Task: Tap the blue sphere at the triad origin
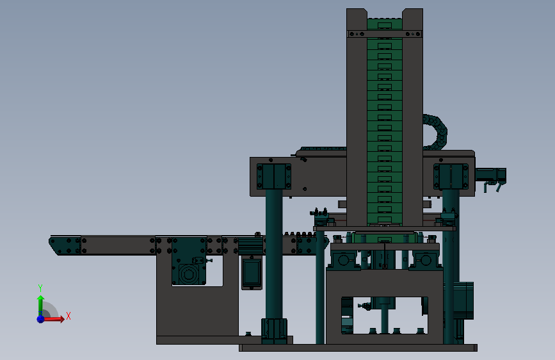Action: (40, 319)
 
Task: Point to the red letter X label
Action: (68, 316)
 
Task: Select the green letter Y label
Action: (40, 288)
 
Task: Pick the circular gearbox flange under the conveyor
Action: (188, 274)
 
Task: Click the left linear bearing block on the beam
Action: (273, 176)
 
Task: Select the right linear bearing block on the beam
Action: (451, 176)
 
